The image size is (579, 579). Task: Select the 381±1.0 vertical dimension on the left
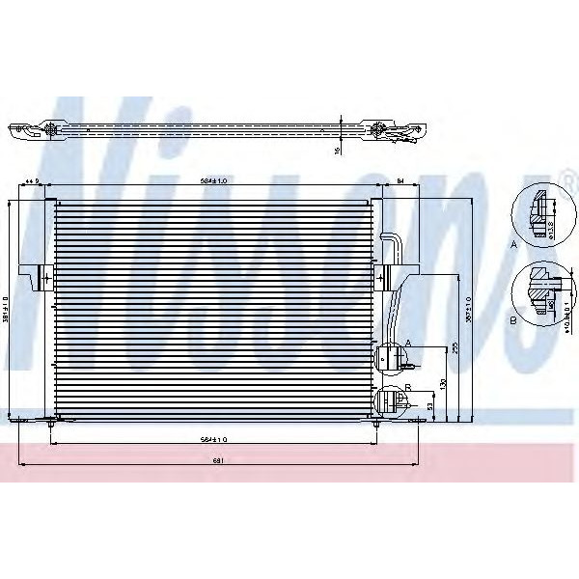tap(6, 311)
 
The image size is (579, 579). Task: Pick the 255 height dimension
tap(454, 349)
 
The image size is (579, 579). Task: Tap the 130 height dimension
tap(443, 384)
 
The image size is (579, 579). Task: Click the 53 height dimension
tap(430, 406)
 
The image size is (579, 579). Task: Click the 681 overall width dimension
tap(219, 460)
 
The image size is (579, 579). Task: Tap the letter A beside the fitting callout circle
tap(408, 344)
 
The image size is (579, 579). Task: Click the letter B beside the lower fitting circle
tap(408, 386)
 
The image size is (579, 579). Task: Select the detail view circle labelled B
tap(538, 291)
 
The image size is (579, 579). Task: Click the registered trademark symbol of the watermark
tap(568, 175)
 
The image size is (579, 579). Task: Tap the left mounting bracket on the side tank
tap(41, 277)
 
